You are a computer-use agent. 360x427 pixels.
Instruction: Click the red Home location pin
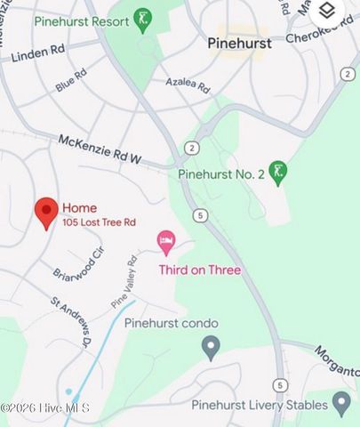(x=46, y=212)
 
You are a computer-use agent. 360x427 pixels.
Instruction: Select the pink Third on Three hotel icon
(x=166, y=240)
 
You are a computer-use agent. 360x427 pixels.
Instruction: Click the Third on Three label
(x=199, y=270)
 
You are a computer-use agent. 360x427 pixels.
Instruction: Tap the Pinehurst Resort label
(x=81, y=20)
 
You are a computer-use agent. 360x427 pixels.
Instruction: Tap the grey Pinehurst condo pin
(x=211, y=347)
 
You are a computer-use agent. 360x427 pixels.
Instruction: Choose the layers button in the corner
(x=327, y=12)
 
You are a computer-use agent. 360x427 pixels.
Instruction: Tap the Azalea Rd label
(x=188, y=85)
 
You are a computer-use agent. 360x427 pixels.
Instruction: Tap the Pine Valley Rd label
(x=124, y=283)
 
